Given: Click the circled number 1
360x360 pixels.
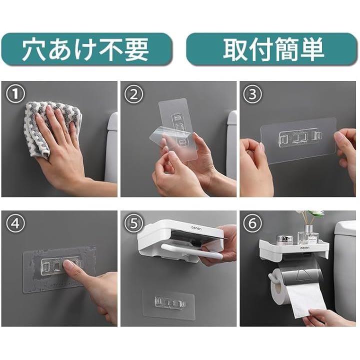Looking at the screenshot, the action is point(15,93).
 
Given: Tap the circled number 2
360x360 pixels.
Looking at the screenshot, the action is point(134,94).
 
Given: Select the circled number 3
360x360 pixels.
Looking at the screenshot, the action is point(252,94).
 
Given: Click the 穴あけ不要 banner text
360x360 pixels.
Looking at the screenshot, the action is point(85,49).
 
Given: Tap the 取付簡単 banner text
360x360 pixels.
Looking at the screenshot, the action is point(273,49).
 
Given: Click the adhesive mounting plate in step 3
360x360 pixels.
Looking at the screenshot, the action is point(298,140).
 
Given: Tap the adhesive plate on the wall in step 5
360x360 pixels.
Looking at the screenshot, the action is point(169,303).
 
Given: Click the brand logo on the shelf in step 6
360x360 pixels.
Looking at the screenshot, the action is point(305,247).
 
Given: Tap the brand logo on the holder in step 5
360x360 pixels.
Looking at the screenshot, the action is point(196,228).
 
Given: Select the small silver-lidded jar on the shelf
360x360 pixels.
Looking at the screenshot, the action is point(284,240).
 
